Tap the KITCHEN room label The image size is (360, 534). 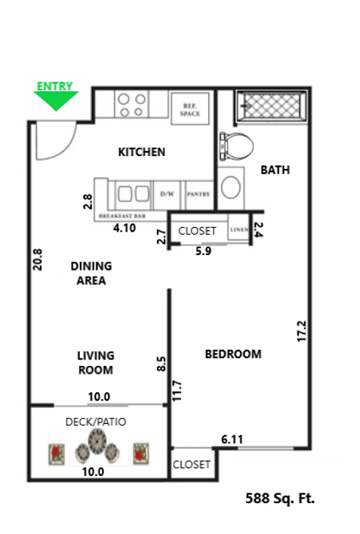pyautogui.click(x=141, y=152)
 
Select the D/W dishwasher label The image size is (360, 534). pyautogui.click(x=167, y=194)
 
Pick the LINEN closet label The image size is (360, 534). pyautogui.click(x=238, y=229)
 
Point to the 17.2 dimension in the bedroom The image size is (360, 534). pyautogui.click(x=302, y=332)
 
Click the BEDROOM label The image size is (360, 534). pyautogui.click(x=233, y=354)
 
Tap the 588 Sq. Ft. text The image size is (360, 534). pyautogui.click(x=280, y=499)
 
